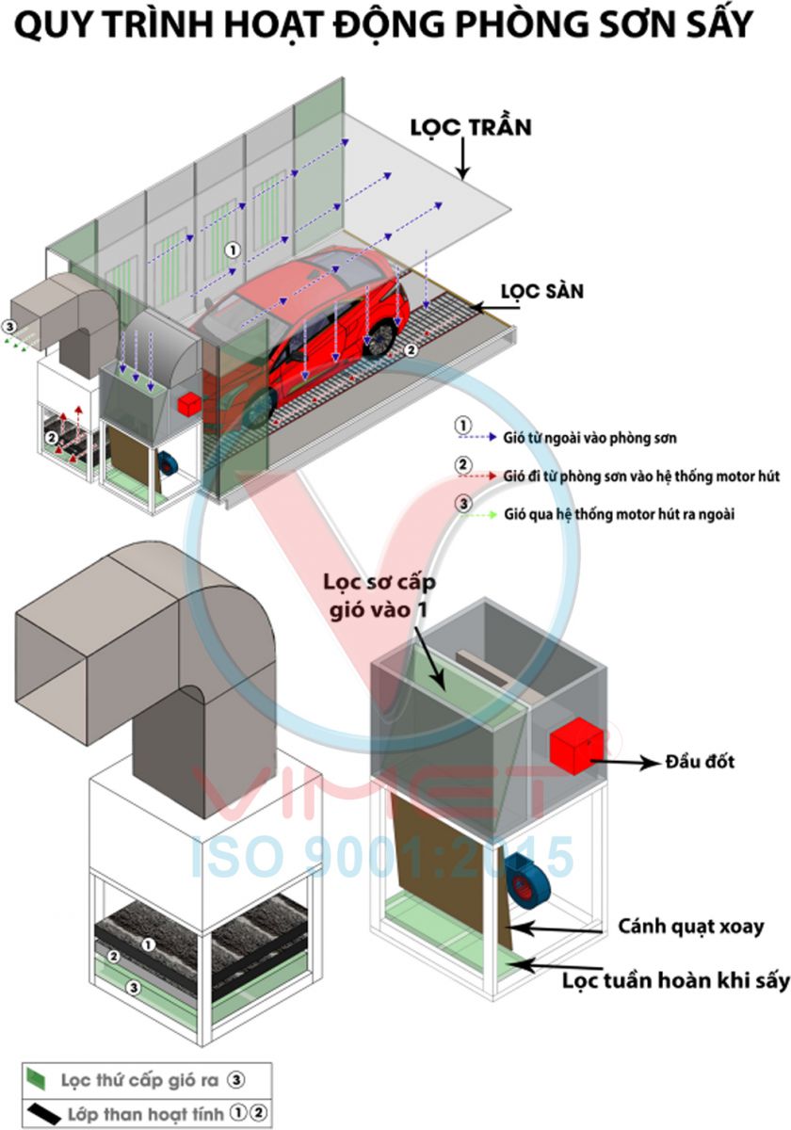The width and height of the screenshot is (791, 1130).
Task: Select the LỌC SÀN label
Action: coord(541,291)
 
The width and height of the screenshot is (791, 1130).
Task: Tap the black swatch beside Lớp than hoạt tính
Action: coord(42,1114)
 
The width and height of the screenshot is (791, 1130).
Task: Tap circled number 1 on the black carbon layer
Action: coord(147,943)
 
